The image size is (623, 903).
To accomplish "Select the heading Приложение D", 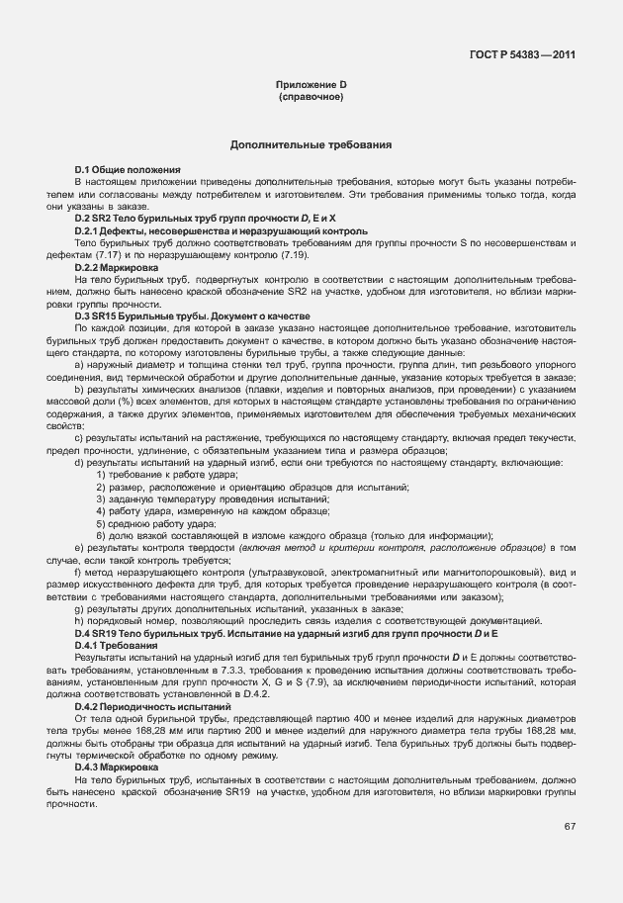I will (311, 86).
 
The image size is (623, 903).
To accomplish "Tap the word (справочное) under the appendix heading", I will (311, 98).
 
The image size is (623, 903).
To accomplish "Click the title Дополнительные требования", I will (311, 145).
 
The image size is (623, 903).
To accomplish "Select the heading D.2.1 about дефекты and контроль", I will (207, 230).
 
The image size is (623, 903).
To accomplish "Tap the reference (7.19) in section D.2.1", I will (267, 255).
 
